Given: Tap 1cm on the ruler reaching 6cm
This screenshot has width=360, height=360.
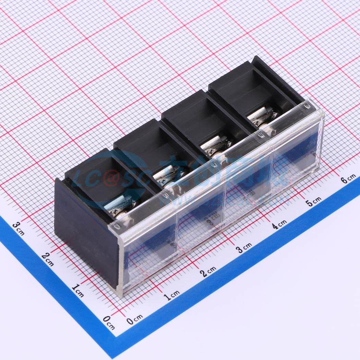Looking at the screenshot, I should [171, 295].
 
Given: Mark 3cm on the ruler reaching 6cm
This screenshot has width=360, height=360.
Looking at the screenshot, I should [244, 248].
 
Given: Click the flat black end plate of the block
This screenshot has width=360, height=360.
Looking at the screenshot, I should [82, 233].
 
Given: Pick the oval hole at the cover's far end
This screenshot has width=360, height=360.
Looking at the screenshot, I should [308, 107].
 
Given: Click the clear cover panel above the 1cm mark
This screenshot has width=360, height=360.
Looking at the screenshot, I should [151, 261].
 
